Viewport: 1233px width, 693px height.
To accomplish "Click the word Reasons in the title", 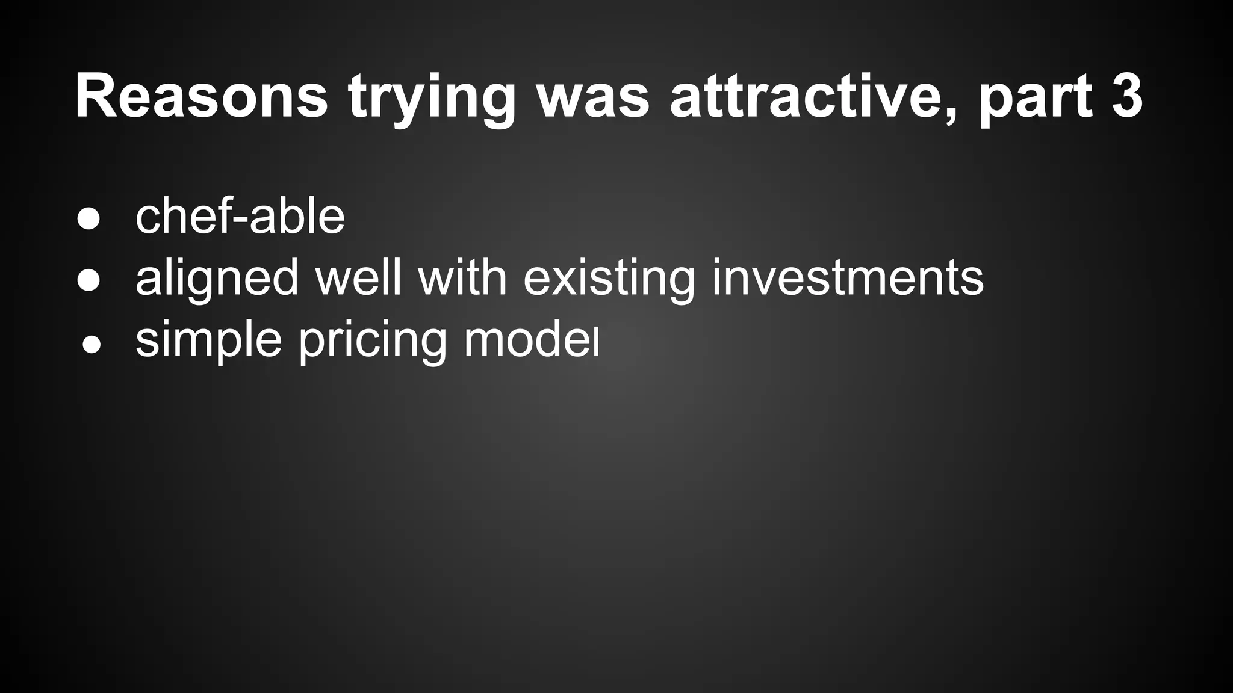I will click(x=202, y=96).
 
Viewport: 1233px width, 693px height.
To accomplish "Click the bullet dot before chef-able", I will click(x=89, y=218).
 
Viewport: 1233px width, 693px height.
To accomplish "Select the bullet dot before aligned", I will click(x=89, y=280).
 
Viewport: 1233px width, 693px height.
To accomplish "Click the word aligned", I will click(x=217, y=279).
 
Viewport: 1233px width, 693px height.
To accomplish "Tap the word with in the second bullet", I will click(x=462, y=277).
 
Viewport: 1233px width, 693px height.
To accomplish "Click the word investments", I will click(x=848, y=277).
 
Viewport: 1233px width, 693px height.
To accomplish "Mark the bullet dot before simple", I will click(x=91, y=345).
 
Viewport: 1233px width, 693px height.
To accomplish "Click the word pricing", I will click(x=373, y=340).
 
